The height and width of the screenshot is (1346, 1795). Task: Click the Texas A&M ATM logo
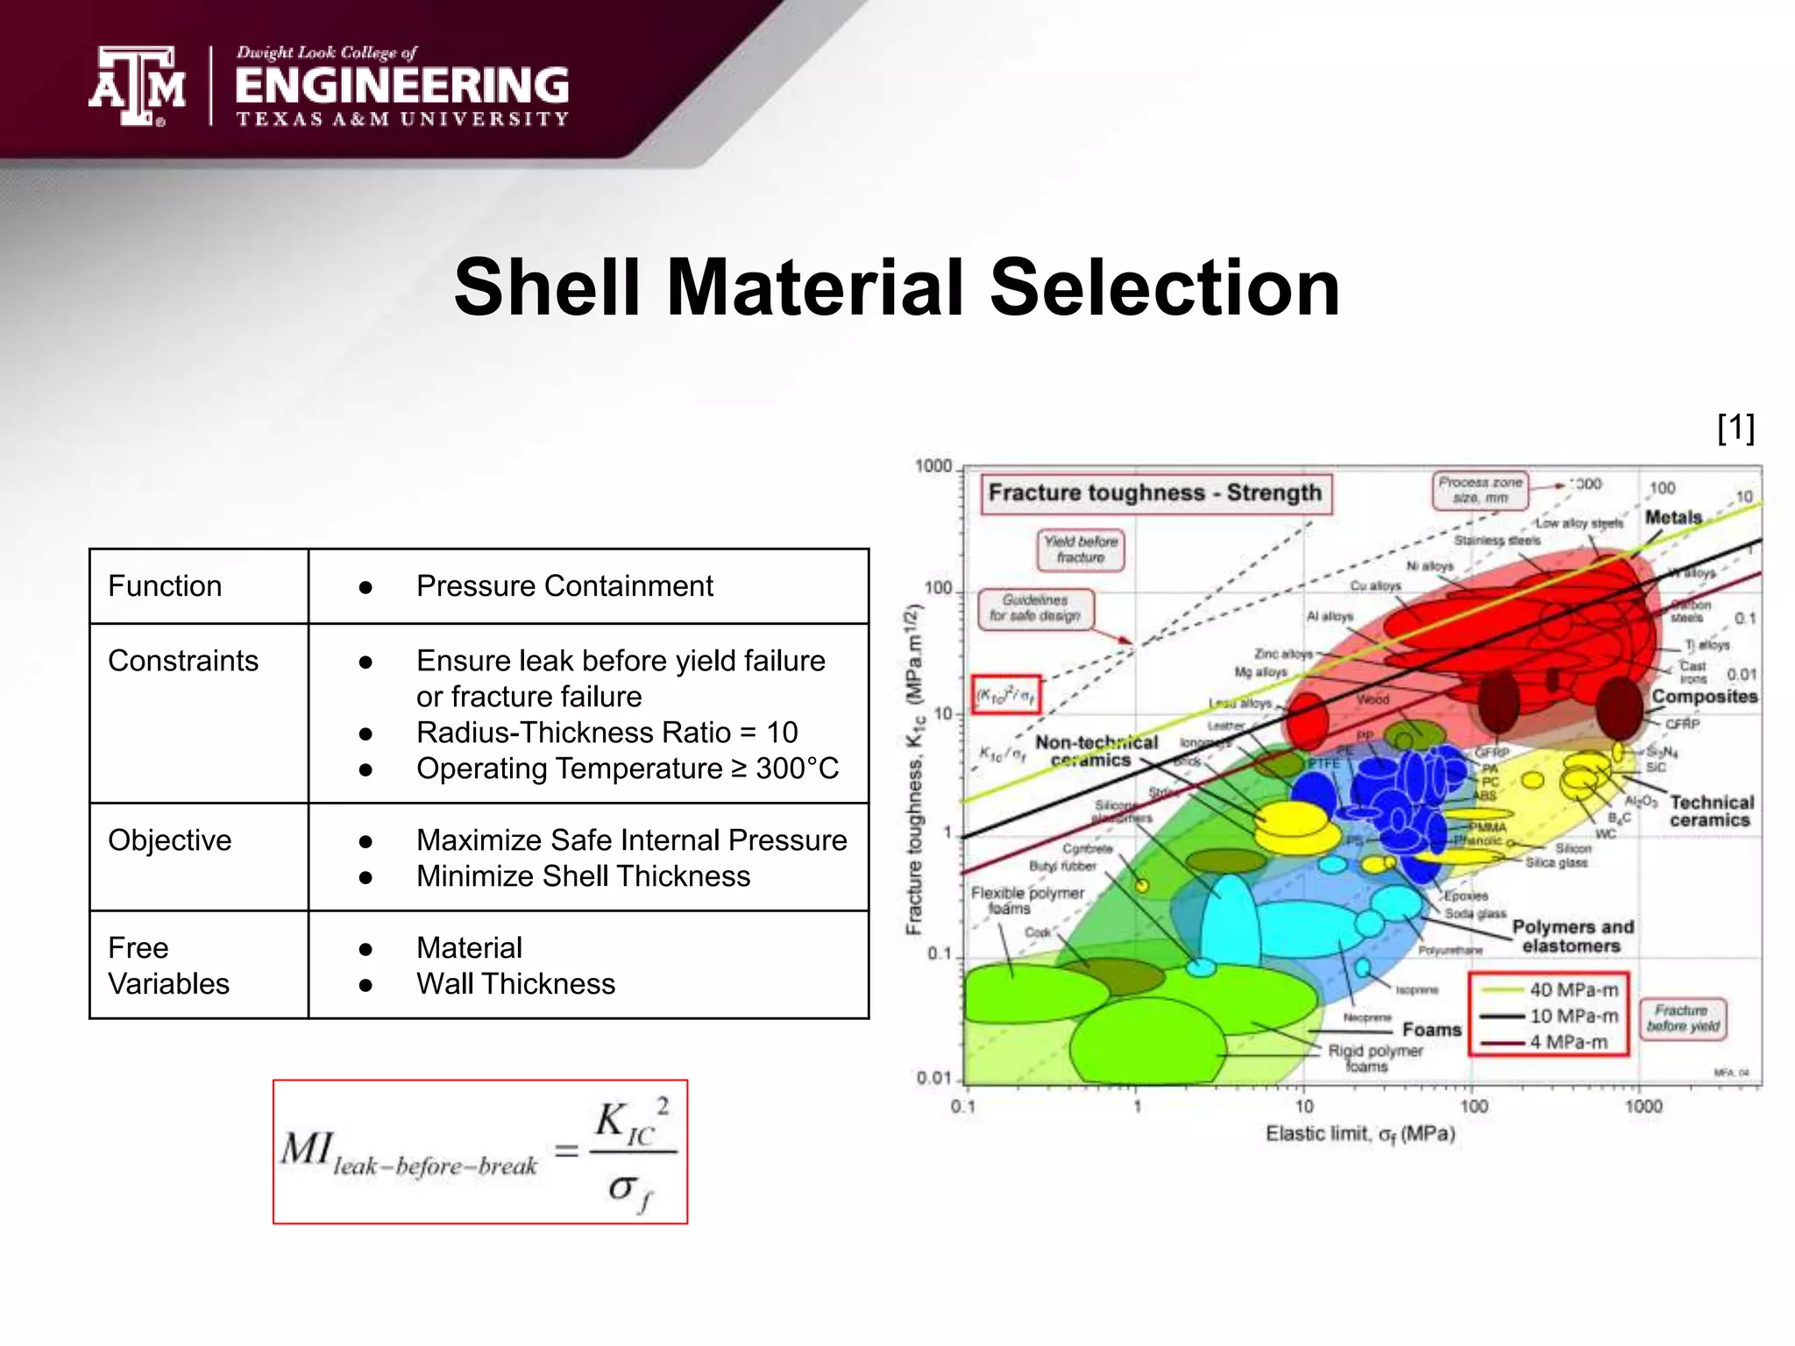[x=137, y=86]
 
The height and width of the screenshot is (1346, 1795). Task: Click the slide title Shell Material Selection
[x=897, y=287]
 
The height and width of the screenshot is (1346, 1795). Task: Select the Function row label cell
[x=165, y=585]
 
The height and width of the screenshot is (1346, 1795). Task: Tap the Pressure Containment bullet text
[x=564, y=585]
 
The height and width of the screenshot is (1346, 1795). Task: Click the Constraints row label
[x=183, y=660]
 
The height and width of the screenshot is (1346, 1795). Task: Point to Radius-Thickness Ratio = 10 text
[x=607, y=732]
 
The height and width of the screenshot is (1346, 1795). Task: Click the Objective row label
[x=170, y=839]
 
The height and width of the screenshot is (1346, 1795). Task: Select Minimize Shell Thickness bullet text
[x=583, y=875]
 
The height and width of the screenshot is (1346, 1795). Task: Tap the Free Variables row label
[x=168, y=965]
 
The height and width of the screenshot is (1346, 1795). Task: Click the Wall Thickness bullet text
[x=515, y=983]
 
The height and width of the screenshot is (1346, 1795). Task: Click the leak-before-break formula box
[x=479, y=1151]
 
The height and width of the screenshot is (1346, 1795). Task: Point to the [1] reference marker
[x=1735, y=428]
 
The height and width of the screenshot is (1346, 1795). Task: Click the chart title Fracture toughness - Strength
[x=1154, y=492]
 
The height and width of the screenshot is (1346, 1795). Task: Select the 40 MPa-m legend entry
[x=1572, y=989]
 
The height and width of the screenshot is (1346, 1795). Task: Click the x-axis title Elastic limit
[x=1359, y=1134]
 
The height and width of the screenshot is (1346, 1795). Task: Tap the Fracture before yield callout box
[x=1682, y=1018]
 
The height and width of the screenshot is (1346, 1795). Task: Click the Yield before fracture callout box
[x=1080, y=549]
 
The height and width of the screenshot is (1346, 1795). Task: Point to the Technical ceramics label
[x=1710, y=811]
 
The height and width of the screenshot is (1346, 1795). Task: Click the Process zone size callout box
[x=1479, y=490]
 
